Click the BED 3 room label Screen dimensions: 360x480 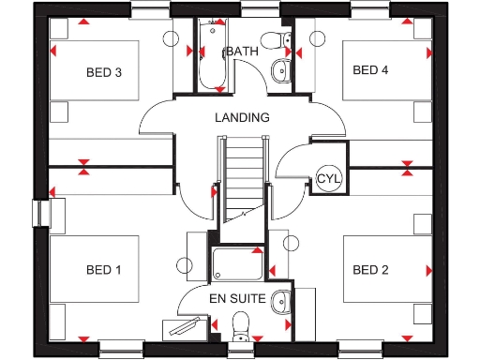(105, 71)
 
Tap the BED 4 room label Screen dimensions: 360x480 (370, 70)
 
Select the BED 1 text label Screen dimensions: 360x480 (104, 270)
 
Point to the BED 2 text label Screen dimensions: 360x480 (370, 270)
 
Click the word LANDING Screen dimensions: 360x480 (242, 118)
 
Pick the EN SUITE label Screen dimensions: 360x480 (234, 299)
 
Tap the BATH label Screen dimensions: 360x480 (242, 52)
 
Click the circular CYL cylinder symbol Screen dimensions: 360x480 (328, 178)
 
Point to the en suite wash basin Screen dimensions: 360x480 (279, 302)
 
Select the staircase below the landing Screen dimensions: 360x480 (242, 178)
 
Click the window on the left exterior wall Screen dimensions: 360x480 (41, 212)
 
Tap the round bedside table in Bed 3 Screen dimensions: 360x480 (170, 39)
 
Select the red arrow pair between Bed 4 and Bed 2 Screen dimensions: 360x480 (408, 168)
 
